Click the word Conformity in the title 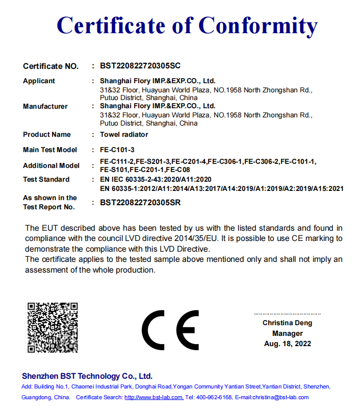[258, 25]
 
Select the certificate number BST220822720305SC [141, 66]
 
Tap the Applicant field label [39, 81]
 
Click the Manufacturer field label [45, 106]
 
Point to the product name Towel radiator [124, 134]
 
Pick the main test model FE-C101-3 [117, 150]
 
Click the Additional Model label [51, 165]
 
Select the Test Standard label [46, 179]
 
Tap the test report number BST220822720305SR [141, 202]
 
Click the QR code [53, 327]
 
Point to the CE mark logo [170, 329]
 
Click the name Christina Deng [288, 323]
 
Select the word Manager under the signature [288, 333]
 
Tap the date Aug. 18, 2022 [288, 344]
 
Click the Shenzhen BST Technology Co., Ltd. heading [87, 376]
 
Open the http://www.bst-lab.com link [154, 397]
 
